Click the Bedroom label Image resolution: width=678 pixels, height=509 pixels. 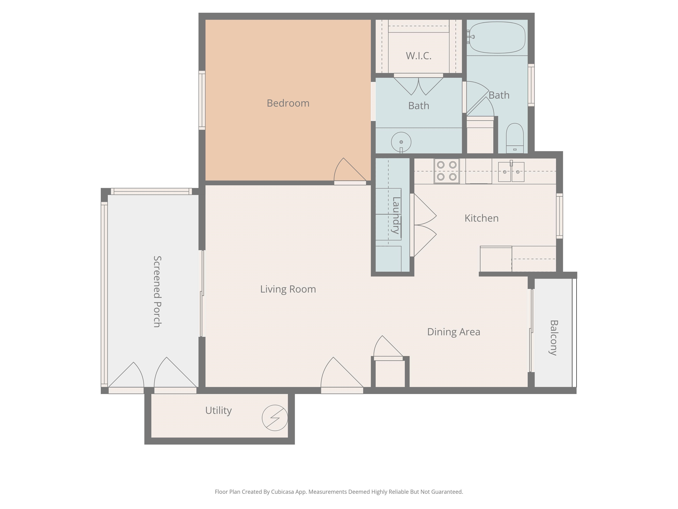288,103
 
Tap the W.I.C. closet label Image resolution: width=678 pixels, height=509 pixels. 418,56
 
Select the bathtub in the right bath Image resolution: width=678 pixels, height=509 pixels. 497,37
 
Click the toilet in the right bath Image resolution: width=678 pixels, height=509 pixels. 515,138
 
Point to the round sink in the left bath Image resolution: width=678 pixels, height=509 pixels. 401,142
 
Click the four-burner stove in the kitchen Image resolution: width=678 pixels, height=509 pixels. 446,171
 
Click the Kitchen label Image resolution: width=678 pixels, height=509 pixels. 482,218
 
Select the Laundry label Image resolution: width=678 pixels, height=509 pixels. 396,215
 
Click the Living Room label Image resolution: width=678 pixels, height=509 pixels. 288,289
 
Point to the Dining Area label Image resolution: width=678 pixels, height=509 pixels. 454,332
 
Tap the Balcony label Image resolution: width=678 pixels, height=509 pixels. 553,338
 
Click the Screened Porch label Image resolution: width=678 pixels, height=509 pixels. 157,292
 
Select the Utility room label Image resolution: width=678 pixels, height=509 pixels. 218,410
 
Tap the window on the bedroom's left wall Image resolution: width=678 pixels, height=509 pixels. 202,100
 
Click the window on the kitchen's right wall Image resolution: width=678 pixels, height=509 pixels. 559,216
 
